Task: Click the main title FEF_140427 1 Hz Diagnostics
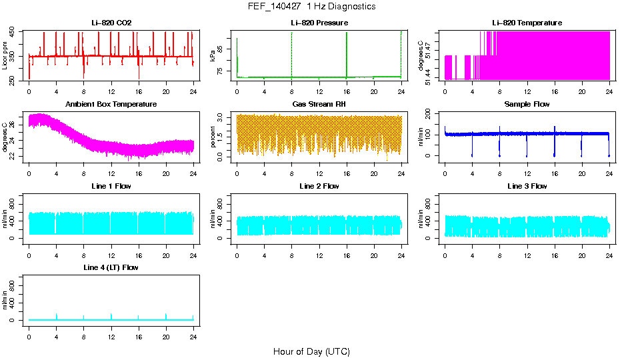click(x=311, y=6)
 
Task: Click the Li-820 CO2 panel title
click(x=111, y=23)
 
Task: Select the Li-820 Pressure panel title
click(x=319, y=23)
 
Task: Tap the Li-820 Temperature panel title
click(x=527, y=23)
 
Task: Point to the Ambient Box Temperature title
click(x=111, y=104)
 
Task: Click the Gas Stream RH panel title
click(x=319, y=104)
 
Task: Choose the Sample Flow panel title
click(x=527, y=104)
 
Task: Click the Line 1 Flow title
click(x=111, y=186)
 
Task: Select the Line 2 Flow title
click(x=319, y=186)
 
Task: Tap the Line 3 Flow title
click(x=527, y=186)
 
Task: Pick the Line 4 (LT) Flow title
click(x=111, y=267)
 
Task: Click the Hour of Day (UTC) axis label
click(x=311, y=351)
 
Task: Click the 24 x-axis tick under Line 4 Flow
click(x=193, y=331)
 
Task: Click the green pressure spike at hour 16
click(x=347, y=53)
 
